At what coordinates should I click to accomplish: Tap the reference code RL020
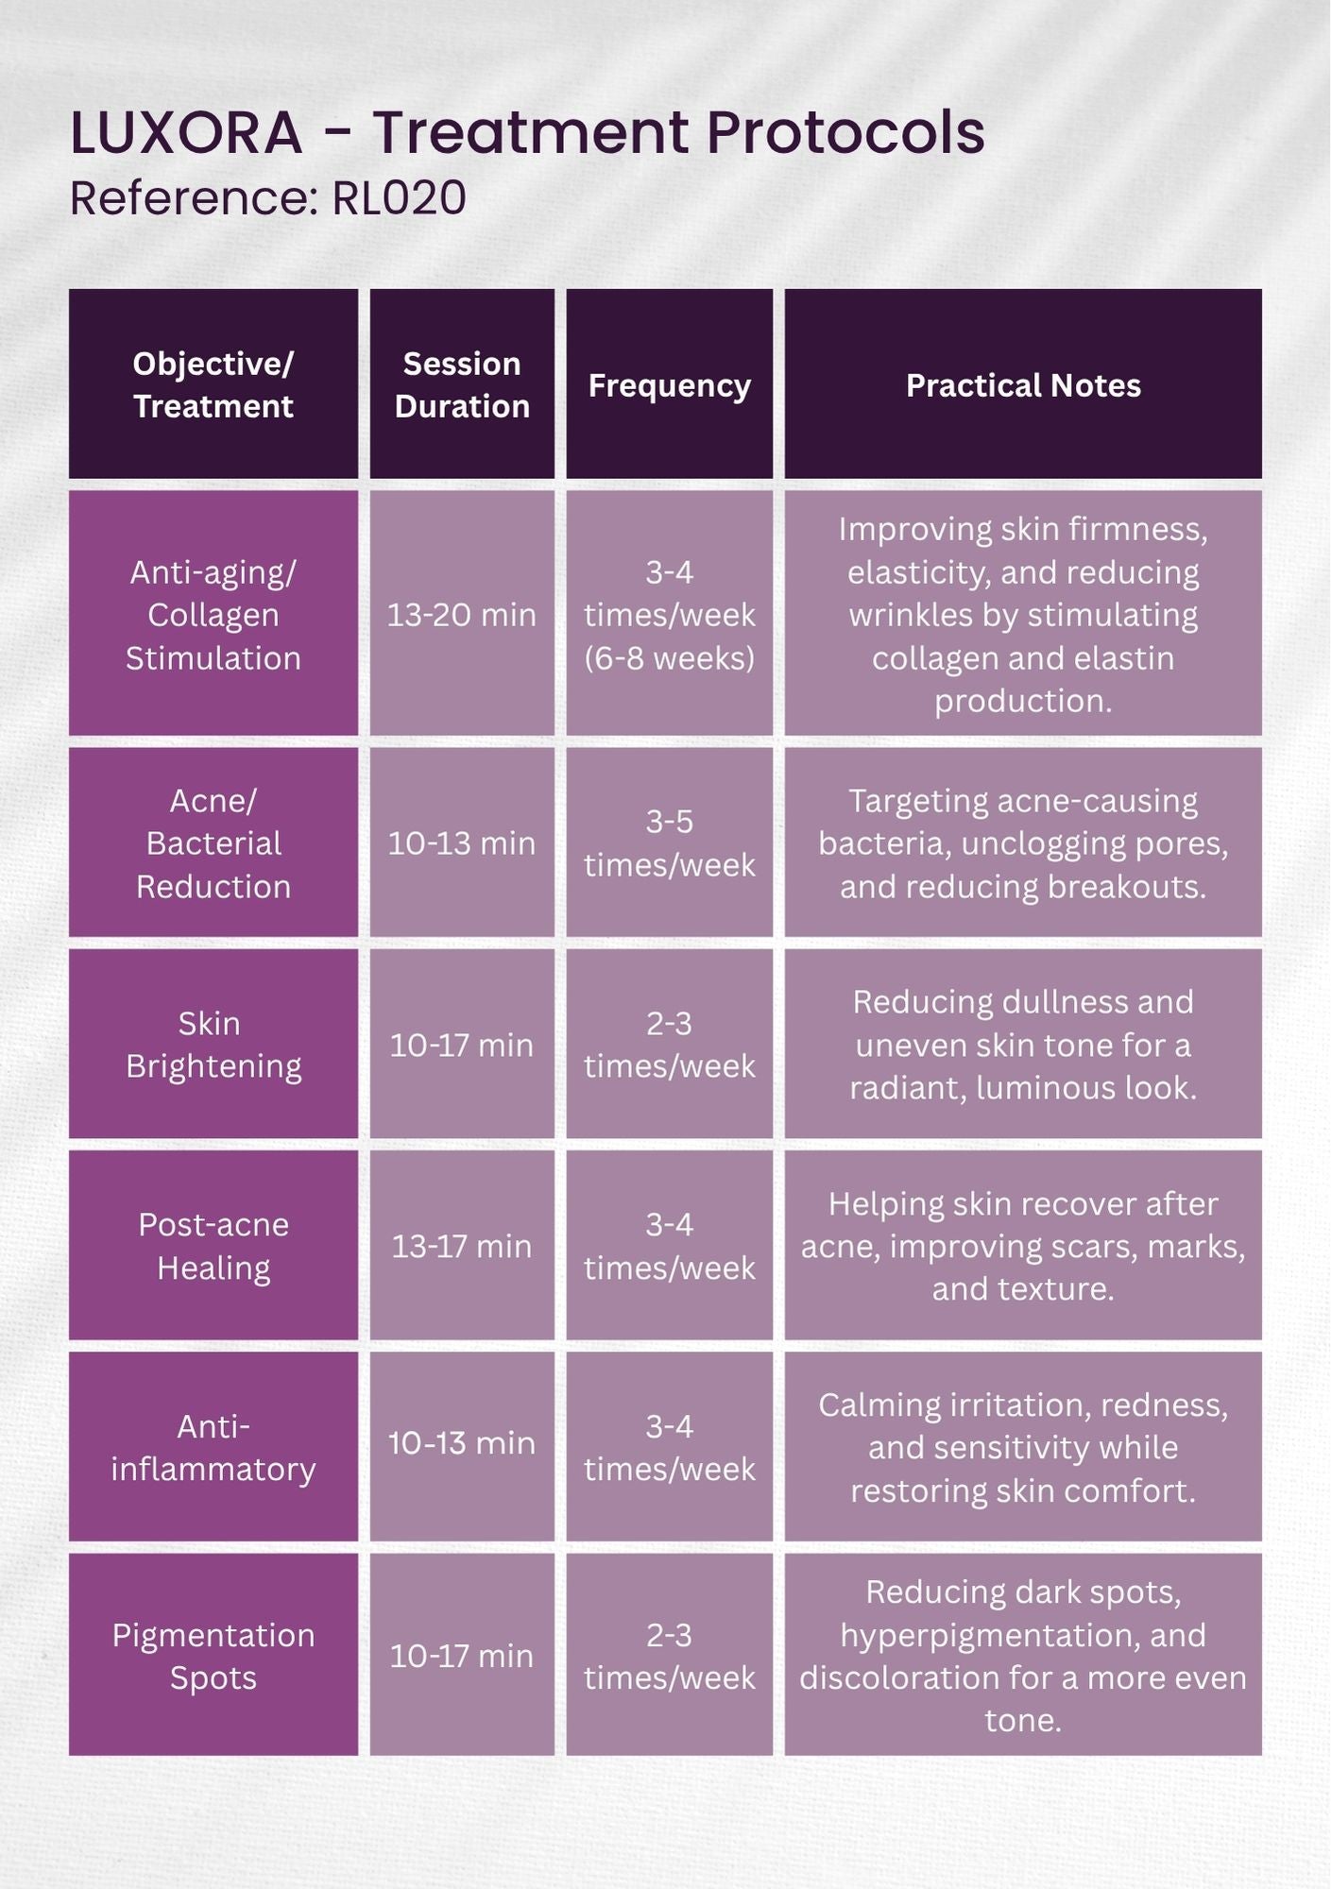(399, 198)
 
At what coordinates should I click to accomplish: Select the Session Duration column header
(462, 384)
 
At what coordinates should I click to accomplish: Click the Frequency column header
(669, 385)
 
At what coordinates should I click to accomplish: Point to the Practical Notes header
(1023, 385)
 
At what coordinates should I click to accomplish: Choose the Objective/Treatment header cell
(213, 384)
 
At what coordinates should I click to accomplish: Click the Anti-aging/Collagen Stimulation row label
(213, 615)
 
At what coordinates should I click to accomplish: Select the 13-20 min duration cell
(462, 615)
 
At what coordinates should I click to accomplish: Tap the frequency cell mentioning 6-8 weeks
(669, 615)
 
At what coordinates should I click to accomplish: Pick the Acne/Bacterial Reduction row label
(213, 843)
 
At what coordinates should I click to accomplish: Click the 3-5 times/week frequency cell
(669, 843)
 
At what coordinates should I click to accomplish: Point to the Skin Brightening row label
(213, 1045)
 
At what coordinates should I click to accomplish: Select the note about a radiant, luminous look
(1023, 1045)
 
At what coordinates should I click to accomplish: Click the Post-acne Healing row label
(213, 1246)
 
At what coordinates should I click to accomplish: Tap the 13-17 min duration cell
(462, 1246)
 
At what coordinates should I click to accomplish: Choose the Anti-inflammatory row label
(213, 1447)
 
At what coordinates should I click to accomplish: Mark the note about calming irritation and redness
(1023, 1447)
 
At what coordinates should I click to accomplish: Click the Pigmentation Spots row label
(213, 1657)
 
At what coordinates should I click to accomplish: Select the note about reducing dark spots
(1023, 1657)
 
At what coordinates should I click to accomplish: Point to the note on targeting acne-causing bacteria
(1023, 843)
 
